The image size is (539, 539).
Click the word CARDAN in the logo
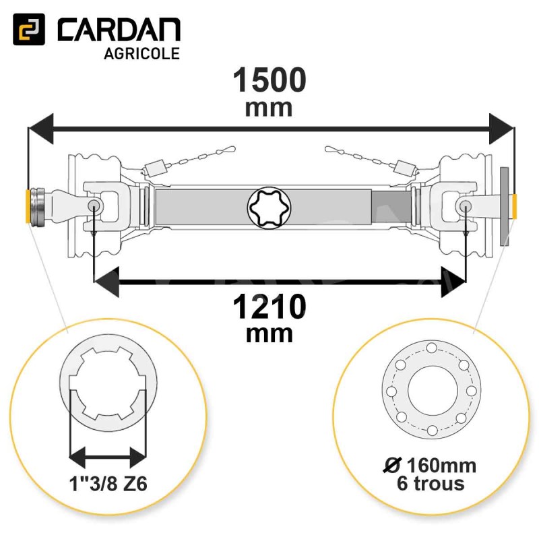click(119, 31)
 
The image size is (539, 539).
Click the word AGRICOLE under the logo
click(142, 54)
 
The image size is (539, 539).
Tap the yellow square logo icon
click(29, 30)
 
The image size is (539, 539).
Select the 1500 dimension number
click(269, 81)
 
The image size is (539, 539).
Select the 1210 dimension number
click(269, 309)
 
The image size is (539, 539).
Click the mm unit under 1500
click(269, 108)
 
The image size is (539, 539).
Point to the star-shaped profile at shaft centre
click(269, 207)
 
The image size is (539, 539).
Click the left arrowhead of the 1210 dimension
click(106, 280)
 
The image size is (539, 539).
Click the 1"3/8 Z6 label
click(108, 484)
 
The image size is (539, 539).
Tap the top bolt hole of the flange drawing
click(430, 348)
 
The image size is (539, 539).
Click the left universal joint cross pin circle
click(94, 205)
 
